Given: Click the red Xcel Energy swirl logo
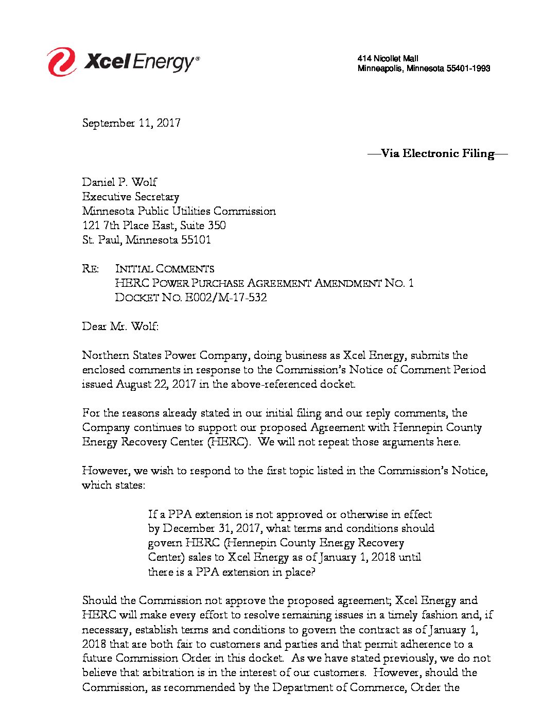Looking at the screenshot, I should [x=62, y=61].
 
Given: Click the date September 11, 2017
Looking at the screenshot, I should [x=131, y=123].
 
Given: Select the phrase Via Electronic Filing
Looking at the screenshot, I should [x=437, y=153].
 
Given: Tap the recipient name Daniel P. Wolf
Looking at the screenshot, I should [x=119, y=182].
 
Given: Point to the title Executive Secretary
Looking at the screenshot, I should [x=131, y=197].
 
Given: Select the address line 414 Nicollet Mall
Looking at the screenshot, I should [x=388, y=59].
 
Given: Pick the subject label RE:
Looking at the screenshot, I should [x=91, y=269].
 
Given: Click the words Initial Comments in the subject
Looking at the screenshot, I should [x=165, y=269].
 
